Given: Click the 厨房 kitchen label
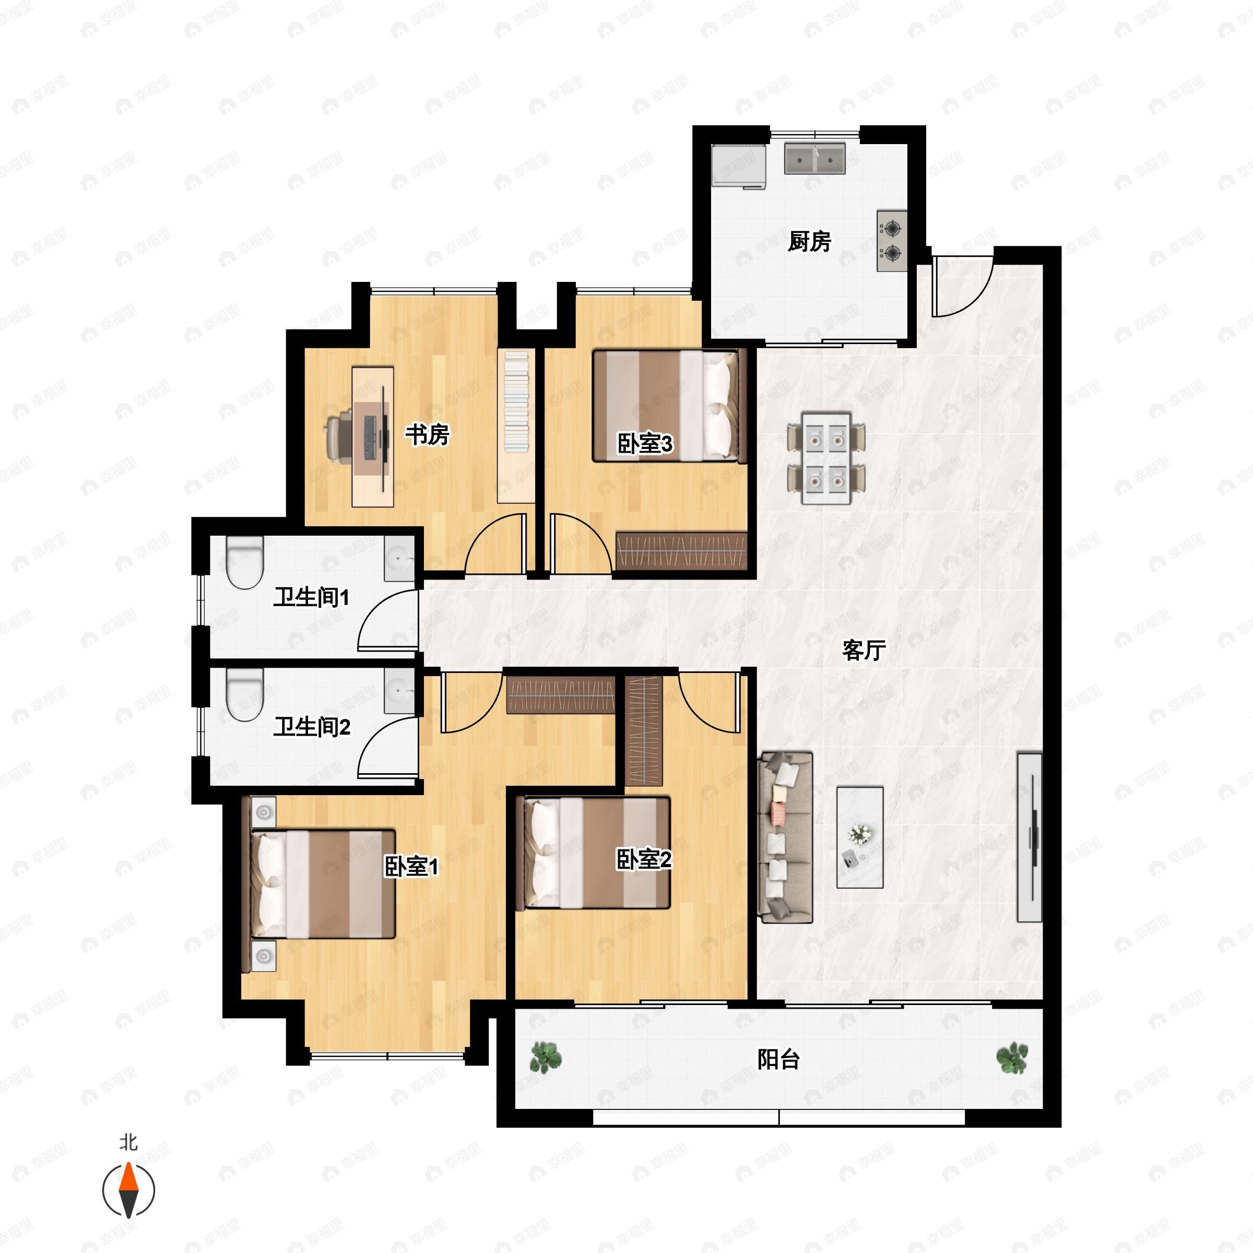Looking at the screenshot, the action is coord(809,241).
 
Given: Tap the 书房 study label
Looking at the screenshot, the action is coord(428,434).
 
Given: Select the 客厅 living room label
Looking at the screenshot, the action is coord(864,650).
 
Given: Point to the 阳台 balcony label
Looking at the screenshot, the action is coord(778,1060).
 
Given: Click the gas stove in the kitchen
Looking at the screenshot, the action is coord(892,241).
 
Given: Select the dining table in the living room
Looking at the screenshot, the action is coord(826,457).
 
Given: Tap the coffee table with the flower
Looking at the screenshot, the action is coord(860,837).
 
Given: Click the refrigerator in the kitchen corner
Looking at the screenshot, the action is coord(739,166).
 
